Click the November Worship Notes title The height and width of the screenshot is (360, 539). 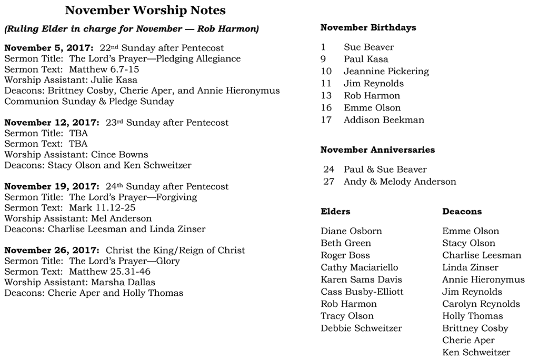(145, 10)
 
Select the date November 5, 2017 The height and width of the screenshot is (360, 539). (48, 48)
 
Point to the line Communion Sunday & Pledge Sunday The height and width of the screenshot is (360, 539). (89, 101)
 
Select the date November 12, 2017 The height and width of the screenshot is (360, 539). (51, 123)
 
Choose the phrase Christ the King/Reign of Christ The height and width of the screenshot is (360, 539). (175, 251)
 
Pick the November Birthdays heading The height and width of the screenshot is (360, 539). (368, 27)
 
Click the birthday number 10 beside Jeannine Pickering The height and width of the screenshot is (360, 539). (326, 71)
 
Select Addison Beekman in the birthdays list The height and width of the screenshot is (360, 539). (384, 120)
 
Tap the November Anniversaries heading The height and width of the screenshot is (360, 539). (377, 150)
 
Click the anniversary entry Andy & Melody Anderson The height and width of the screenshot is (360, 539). (400, 182)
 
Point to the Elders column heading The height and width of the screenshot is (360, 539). (335, 212)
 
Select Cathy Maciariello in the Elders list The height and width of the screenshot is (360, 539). (360, 267)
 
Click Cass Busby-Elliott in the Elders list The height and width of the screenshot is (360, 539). (362, 292)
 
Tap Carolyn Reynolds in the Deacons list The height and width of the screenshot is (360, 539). (481, 304)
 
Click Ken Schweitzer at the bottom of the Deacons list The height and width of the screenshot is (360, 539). (476, 352)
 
